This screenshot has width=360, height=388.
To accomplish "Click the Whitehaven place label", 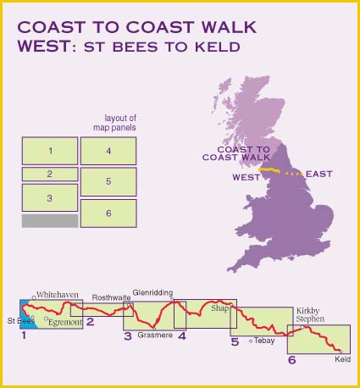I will (x=58, y=295).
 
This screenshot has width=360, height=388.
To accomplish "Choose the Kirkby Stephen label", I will (x=310, y=315).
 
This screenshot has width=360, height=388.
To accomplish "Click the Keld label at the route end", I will (x=342, y=359).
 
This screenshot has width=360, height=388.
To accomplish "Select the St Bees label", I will (x=20, y=322).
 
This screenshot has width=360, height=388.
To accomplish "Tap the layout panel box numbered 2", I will (x=50, y=174).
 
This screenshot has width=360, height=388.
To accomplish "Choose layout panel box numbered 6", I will (x=108, y=213).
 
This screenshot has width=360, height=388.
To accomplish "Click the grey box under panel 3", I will (x=50, y=220).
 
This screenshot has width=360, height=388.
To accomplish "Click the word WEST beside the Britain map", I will (x=245, y=178).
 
